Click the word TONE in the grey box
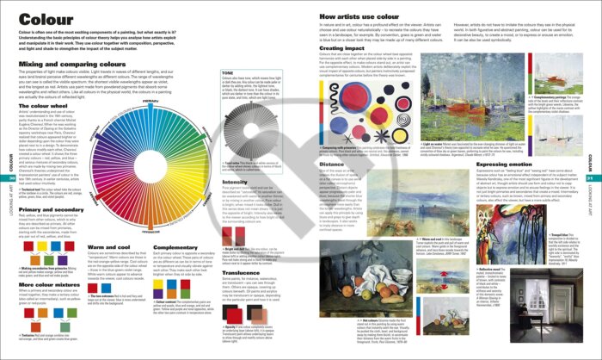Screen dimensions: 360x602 [227, 73]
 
